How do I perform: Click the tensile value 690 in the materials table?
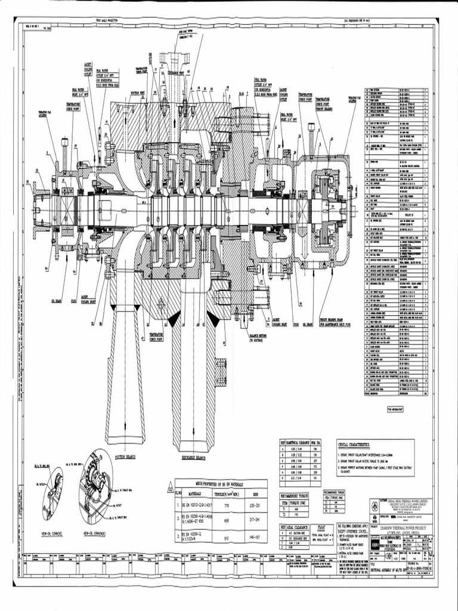coord(226,520)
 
